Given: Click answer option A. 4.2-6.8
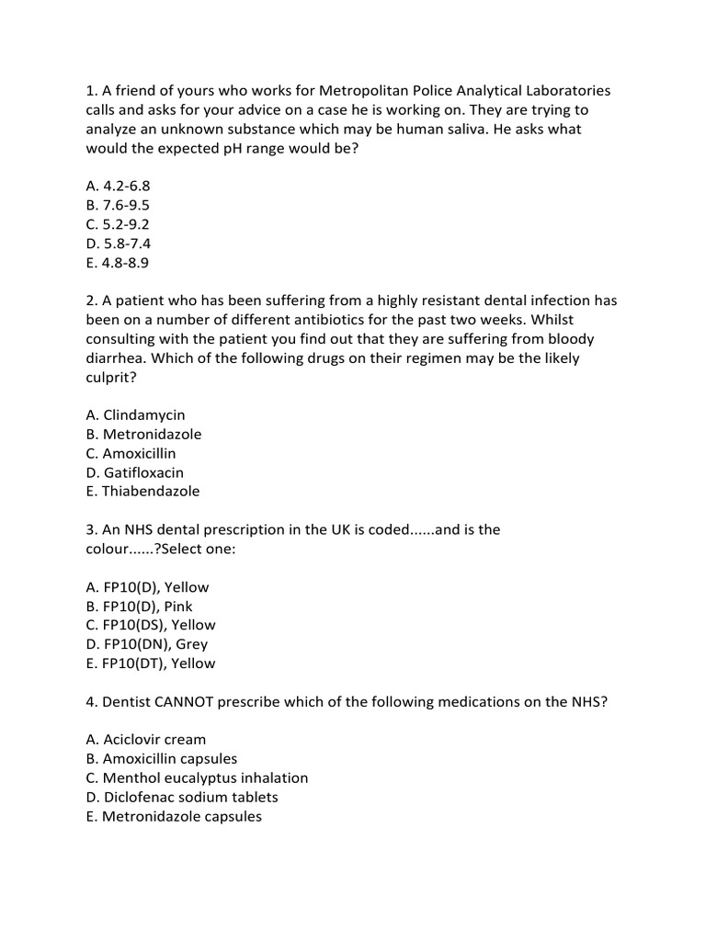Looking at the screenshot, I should (118, 186).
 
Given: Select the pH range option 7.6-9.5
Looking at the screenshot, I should (118, 205).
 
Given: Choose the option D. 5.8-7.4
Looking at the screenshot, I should (118, 244).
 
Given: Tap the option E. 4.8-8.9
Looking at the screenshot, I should (117, 263).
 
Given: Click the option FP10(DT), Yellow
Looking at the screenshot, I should (151, 663).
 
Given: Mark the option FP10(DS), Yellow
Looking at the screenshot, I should (151, 625).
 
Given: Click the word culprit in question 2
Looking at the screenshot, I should (110, 377).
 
